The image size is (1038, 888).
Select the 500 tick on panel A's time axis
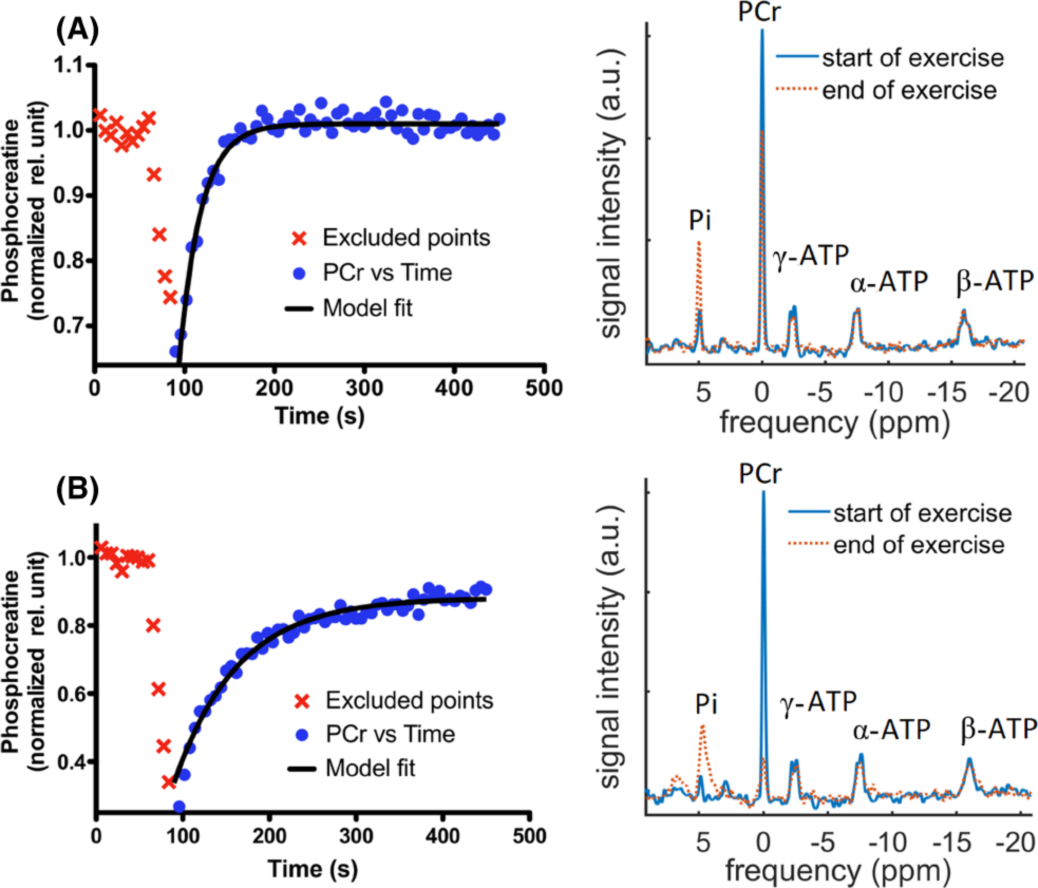543,388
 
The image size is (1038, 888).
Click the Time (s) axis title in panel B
313,869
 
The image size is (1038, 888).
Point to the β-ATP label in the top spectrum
995,282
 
